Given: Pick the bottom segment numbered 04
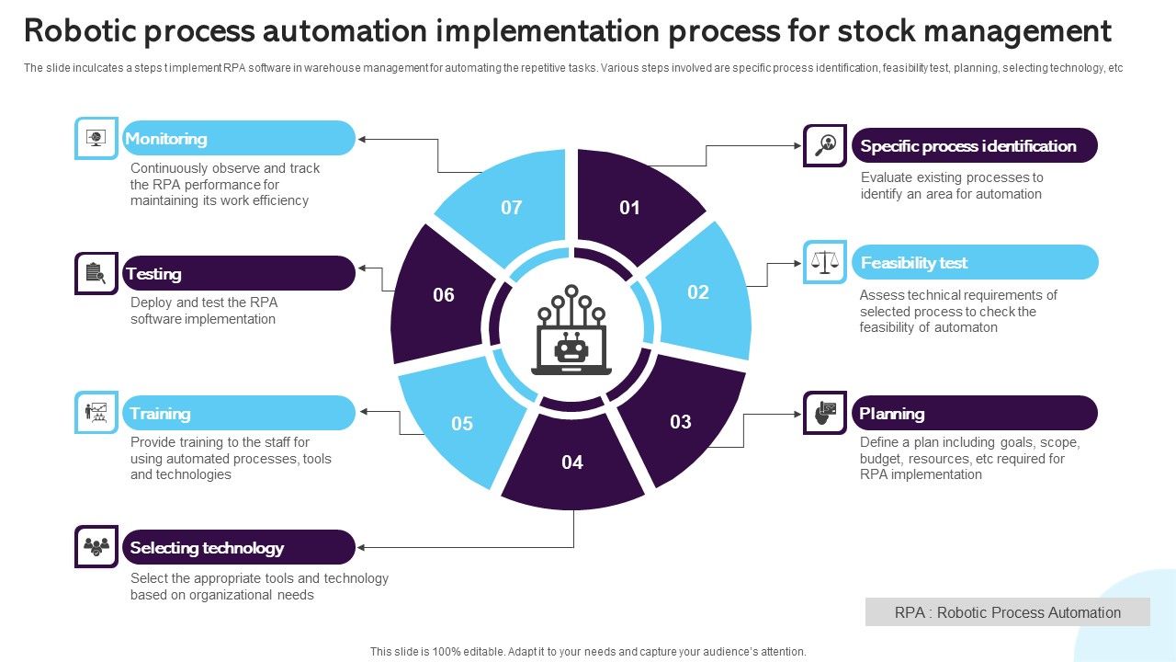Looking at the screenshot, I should click(572, 462).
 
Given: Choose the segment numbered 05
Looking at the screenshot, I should click(462, 423).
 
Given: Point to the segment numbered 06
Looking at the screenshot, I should click(443, 294).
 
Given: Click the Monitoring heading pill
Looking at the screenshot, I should click(238, 138).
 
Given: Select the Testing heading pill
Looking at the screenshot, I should click(238, 273).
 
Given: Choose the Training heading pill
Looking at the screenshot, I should click(238, 413).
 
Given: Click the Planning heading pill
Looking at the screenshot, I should click(974, 413).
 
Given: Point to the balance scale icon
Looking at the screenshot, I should click(825, 262).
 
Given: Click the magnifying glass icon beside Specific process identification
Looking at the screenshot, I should click(825, 145).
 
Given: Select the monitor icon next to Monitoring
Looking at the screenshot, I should click(96, 138).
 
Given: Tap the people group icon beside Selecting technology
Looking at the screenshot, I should click(96, 547).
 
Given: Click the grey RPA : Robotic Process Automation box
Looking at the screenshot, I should click(1007, 612).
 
